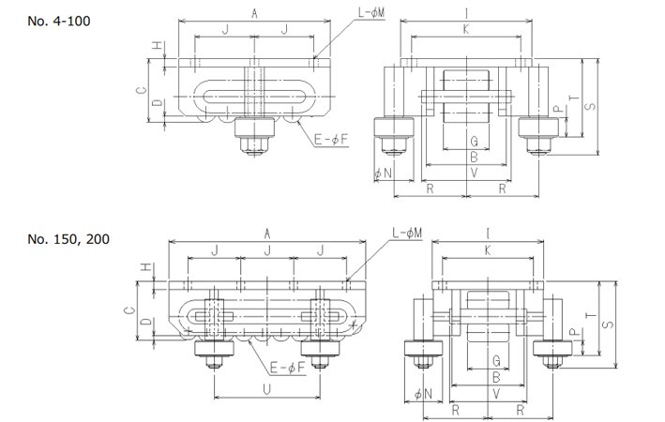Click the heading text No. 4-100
[x=59, y=21]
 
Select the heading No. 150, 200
[x=68, y=239]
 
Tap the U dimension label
[x=266, y=389]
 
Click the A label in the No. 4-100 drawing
[x=254, y=13]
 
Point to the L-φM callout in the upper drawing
[x=371, y=12]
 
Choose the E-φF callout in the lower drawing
[x=288, y=368]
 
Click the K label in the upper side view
[x=466, y=29]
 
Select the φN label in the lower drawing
[x=423, y=395]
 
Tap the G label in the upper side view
[x=475, y=142]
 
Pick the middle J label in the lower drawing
[x=267, y=250]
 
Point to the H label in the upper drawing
[x=158, y=45]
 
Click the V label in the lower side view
[x=496, y=394]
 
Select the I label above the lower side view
[x=488, y=234]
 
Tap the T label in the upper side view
[x=574, y=98]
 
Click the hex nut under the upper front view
[x=254, y=146]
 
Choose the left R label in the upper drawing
[x=430, y=188]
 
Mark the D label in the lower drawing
[x=146, y=321]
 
